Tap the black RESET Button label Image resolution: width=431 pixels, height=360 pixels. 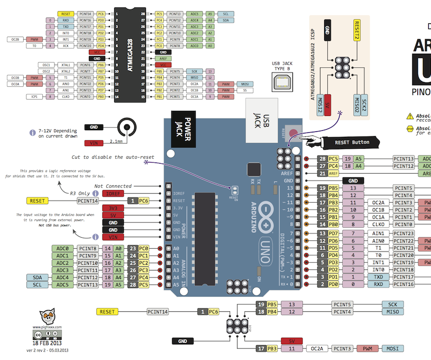[x=352, y=142]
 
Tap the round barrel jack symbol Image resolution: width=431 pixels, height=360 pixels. [x=125, y=128]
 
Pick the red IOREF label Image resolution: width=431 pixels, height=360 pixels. [x=113, y=194]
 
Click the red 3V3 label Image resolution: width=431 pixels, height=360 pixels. [x=113, y=209]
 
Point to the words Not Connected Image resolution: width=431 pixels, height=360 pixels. [x=113, y=186]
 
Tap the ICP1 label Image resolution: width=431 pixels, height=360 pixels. [x=34, y=97]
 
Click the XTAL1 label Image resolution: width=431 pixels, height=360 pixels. [x=66, y=65]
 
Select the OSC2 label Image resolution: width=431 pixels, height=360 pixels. [x=46, y=71]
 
